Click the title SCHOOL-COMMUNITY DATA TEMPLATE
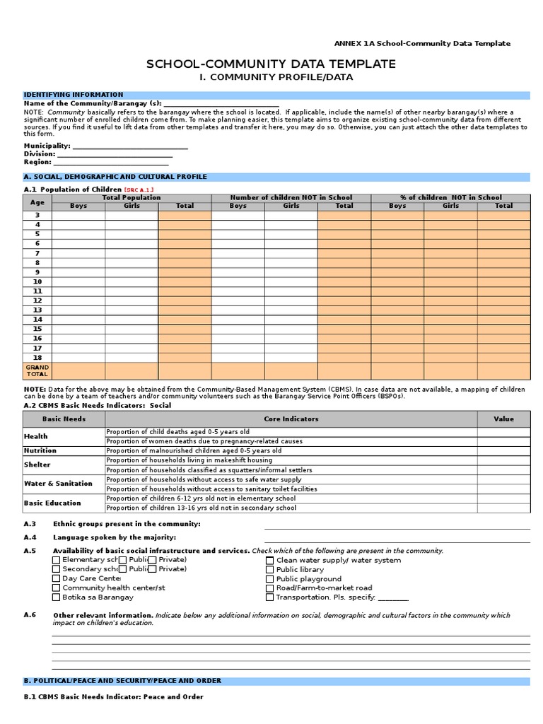click(x=271, y=64)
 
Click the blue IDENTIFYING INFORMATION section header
click(x=74, y=95)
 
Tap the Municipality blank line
click(x=130, y=146)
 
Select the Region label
click(x=37, y=162)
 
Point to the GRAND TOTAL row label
click(x=37, y=370)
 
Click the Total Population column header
click(x=132, y=198)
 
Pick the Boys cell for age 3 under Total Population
click(x=78, y=215)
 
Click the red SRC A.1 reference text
click(x=139, y=189)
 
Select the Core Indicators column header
click(x=291, y=419)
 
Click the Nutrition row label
click(x=40, y=450)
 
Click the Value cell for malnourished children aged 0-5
click(x=503, y=450)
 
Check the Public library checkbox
click(x=270, y=570)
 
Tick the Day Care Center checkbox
click(x=57, y=578)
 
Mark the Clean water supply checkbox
click(x=270, y=561)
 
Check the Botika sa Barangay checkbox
click(x=57, y=597)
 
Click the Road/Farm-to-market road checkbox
click(x=270, y=588)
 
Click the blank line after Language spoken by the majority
click(x=397, y=542)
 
